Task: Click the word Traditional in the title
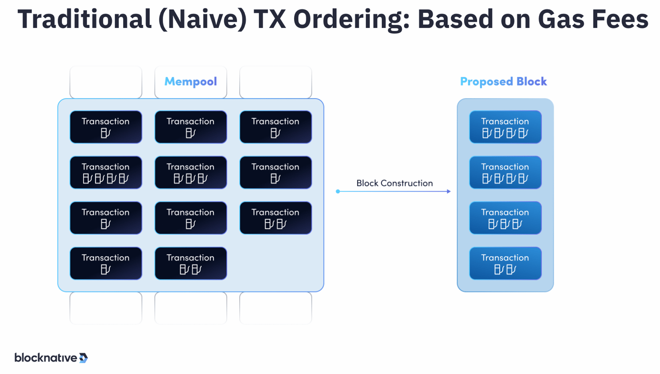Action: (x=84, y=19)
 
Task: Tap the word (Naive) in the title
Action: (x=202, y=19)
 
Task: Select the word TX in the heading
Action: (x=269, y=19)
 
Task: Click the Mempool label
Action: (x=190, y=82)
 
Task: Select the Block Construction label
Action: (x=394, y=183)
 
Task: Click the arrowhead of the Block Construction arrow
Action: (x=449, y=191)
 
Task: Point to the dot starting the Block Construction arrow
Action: (x=338, y=191)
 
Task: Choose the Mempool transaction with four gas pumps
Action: (x=106, y=172)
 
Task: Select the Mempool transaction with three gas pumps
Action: (x=190, y=172)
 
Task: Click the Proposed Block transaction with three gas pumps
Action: (x=505, y=218)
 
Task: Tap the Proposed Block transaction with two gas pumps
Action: (x=505, y=263)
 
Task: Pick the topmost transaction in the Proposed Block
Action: (x=505, y=127)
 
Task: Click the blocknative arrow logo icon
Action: (x=83, y=358)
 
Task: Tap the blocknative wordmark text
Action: (x=46, y=358)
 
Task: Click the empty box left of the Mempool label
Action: (x=106, y=82)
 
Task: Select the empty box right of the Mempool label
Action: (x=276, y=82)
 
